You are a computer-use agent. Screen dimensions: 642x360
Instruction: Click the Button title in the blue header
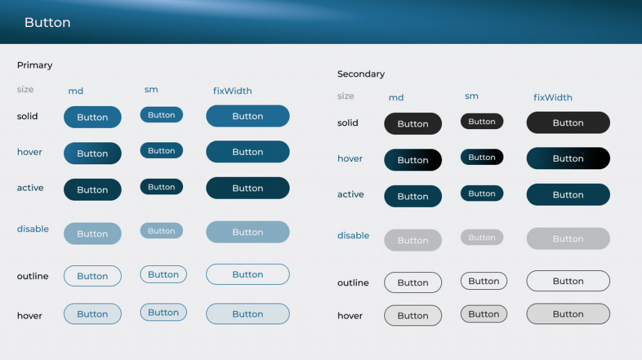click(x=48, y=23)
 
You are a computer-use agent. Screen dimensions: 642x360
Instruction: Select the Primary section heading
click(x=35, y=65)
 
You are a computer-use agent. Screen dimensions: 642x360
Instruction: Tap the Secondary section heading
click(x=360, y=74)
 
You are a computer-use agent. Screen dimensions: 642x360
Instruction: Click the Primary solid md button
click(x=93, y=117)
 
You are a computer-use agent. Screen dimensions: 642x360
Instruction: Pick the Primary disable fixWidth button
click(x=248, y=232)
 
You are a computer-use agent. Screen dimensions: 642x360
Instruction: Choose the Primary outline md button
click(x=93, y=276)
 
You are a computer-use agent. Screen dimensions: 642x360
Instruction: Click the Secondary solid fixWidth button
click(x=568, y=123)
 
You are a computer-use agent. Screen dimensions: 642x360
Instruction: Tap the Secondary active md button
click(x=413, y=196)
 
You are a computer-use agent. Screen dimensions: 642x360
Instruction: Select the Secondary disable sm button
click(x=482, y=238)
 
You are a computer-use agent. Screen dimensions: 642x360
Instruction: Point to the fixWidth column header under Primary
click(x=232, y=91)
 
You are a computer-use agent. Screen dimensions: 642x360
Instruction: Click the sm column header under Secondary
click(x=471, y=96)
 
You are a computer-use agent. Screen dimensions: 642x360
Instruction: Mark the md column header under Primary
click(x=76, y=91)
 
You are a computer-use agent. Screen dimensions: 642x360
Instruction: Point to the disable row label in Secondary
click(x=354, y=235)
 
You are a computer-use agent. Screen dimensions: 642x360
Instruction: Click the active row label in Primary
click(x=30, y=188)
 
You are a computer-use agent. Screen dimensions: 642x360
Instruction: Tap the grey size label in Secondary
click(x=345, y=96)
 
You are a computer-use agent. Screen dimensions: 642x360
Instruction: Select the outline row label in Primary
click(x=33, y=276)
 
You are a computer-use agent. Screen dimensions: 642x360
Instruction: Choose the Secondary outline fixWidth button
click(x=568, y=281)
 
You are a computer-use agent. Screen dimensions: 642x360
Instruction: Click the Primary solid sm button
click(x=161, y=115)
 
